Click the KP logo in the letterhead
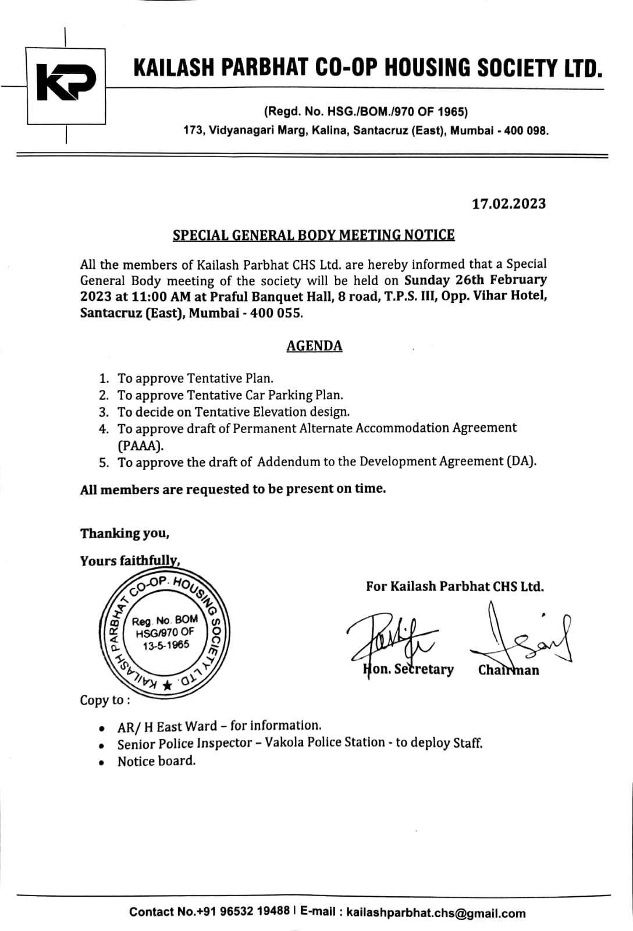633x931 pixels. click(x=66, y=86)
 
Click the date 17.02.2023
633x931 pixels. click(x=508, y=204)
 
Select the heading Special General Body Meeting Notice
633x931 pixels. click(x=314, y=235)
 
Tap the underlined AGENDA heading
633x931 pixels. click(x=314, y=346)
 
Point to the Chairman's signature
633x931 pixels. click(x=521, y=637)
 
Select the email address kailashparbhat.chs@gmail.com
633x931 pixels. click(x=436, y=913)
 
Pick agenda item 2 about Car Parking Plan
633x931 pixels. click(x=230, y=395)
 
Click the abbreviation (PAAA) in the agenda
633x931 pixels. click(x=141, y=446)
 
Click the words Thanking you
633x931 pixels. click(x=125, y=534)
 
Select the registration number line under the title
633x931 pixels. click(x=366, y=111)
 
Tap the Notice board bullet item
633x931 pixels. click(x=157, y=761)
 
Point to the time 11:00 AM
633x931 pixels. click(x=161, y=297)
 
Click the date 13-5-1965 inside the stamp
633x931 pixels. click(x=166, y=645)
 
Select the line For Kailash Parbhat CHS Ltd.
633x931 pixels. click(x=455, y=587)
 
